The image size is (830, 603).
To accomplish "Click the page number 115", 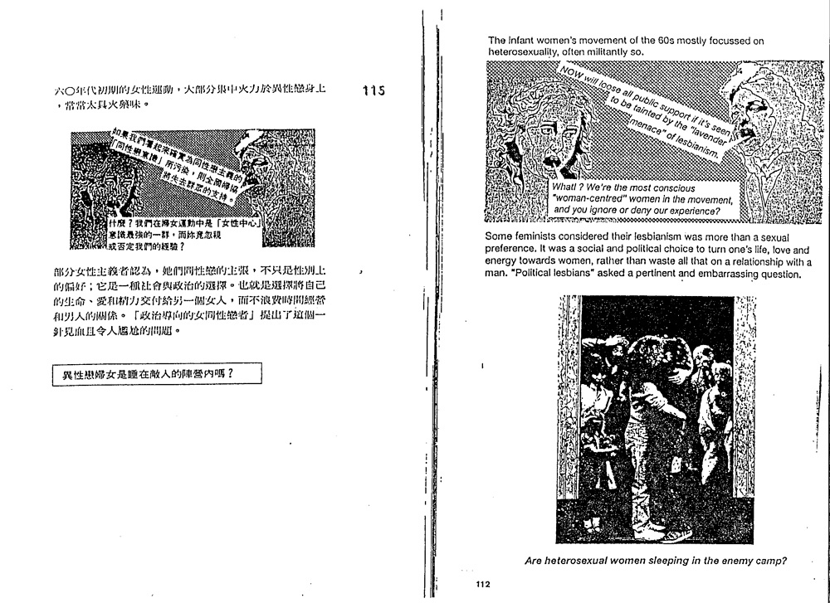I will coord(374,90).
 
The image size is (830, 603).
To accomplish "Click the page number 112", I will coord(485,585).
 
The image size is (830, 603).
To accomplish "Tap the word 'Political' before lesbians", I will coord(532,274).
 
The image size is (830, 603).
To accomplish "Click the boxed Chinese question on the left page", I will coord(156,374).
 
